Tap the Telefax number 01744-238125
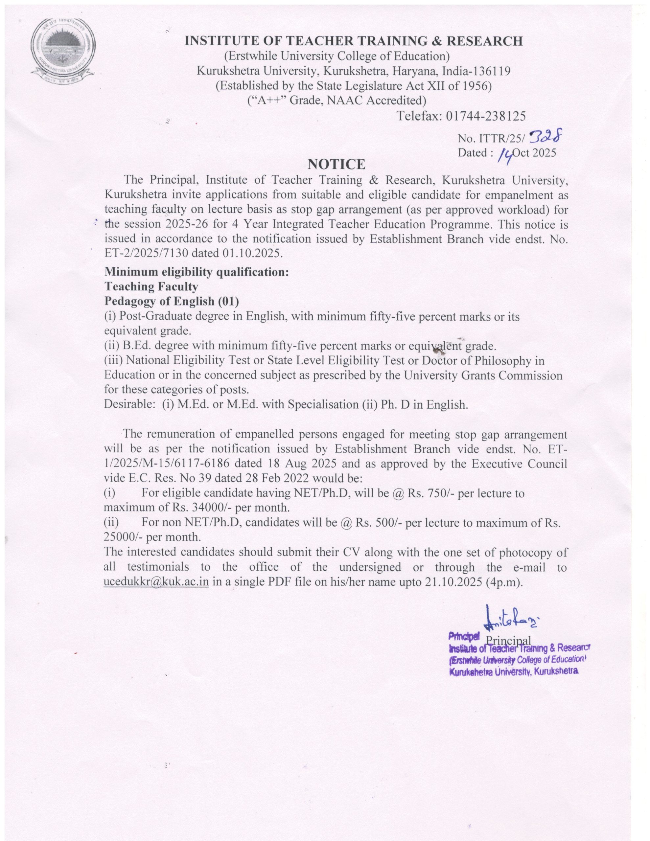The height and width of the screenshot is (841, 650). pyautogui.click(x=485, y=116)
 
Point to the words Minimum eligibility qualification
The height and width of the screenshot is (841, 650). pyautogui.click(x=197, y=272)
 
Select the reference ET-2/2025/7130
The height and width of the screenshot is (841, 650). pyautogui.click(x=147, y=253)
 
